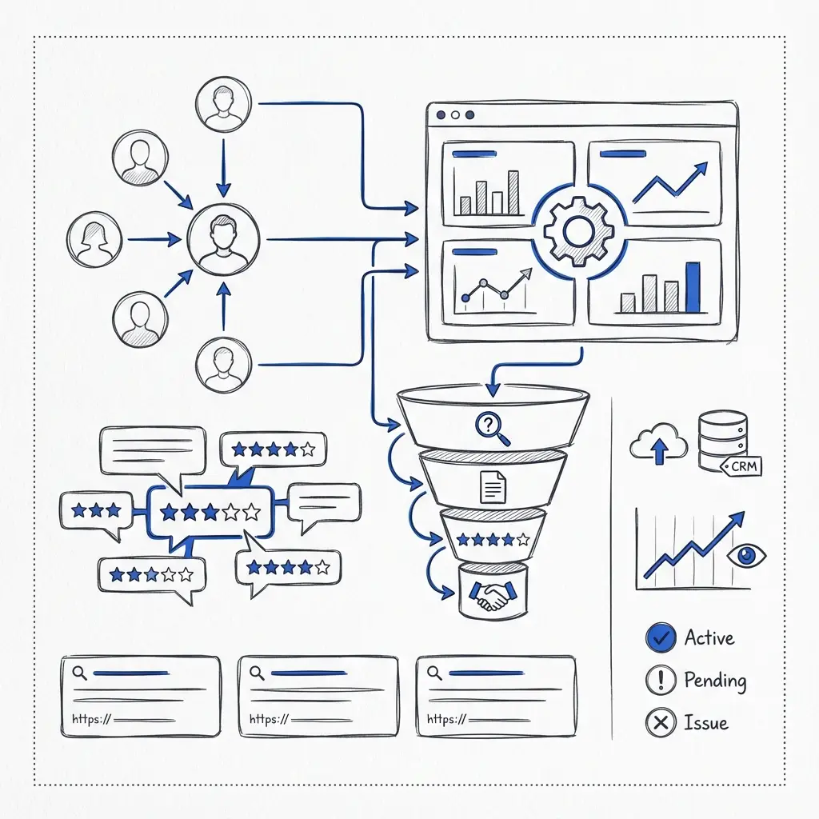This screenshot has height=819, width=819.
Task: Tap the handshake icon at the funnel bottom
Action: [x=493, y=595]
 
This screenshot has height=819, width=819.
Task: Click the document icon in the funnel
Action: [x=493, y=487]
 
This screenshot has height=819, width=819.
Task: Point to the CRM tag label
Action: [x=741, y=466]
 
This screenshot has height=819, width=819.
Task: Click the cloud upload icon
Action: [x=659, y=443]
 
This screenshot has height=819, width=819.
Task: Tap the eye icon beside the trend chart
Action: [x=746, y=555]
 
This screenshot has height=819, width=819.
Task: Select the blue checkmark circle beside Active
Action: [x=661, y=637]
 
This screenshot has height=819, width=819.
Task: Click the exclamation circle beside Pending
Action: [x=661, y=680]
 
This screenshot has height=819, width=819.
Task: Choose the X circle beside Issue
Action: [x=661, y=722]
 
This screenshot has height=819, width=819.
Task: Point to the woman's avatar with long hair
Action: [x=94, y=240]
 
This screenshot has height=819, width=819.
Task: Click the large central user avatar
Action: [x=224, y=239]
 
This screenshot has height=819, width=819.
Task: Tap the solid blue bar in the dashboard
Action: [x=693, y=287]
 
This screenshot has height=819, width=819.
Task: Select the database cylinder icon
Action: [x=722, y=441]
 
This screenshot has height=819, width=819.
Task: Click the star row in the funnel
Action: [x=493, y=540]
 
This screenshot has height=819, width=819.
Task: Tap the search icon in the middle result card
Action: [x=257, y=673]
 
